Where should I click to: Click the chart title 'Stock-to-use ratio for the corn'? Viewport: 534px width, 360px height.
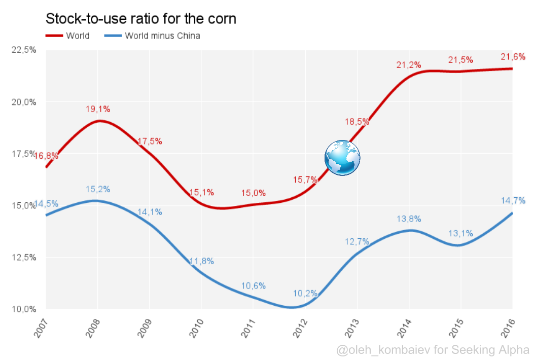(x=141, y=19)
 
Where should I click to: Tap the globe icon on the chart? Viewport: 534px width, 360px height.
(x=342, y=158)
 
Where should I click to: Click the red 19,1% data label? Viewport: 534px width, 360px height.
(x=98, y=109)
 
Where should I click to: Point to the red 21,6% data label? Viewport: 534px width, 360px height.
(x=513, y=57)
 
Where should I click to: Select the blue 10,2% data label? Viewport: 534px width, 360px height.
(x=305, y=293)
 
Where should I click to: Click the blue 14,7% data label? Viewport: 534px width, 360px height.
(x=513, y=200)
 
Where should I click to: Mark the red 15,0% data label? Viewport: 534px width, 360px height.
(x=253, y=193)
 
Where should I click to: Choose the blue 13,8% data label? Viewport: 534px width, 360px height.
(x=409, y=219)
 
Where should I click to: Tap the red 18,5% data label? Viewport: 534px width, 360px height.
(x=357, y=122)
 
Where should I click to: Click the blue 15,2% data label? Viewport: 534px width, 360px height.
(x=98, y=189)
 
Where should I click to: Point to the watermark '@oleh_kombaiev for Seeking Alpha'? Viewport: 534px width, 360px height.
(x=433, y=350)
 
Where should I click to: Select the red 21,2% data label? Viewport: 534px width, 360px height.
(x=409, y=65)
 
